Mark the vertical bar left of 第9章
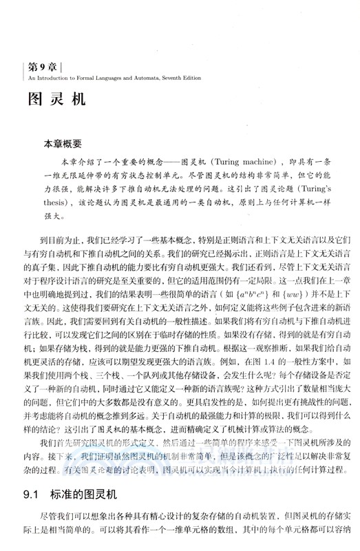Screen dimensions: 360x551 (x=25, y=67)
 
